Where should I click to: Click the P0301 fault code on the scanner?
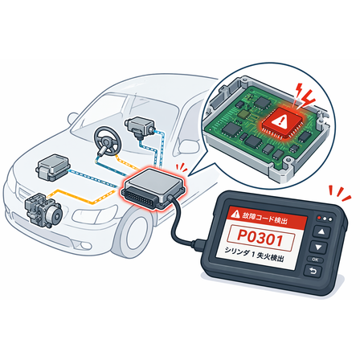coord(260,238)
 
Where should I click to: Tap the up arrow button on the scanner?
coord(321,231)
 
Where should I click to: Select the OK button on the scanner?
coord(316,260)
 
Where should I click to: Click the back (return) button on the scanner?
coord(313,271)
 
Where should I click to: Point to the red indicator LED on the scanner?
coord(319,218)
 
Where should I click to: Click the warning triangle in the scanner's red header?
coord(236,214)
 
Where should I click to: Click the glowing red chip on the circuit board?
coord(280,122)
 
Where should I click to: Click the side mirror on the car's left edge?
coord(73,119)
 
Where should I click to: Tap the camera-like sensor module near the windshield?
coord(141,128)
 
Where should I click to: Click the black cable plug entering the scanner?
coord(201,245)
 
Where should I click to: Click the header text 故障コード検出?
coord(264,218)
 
